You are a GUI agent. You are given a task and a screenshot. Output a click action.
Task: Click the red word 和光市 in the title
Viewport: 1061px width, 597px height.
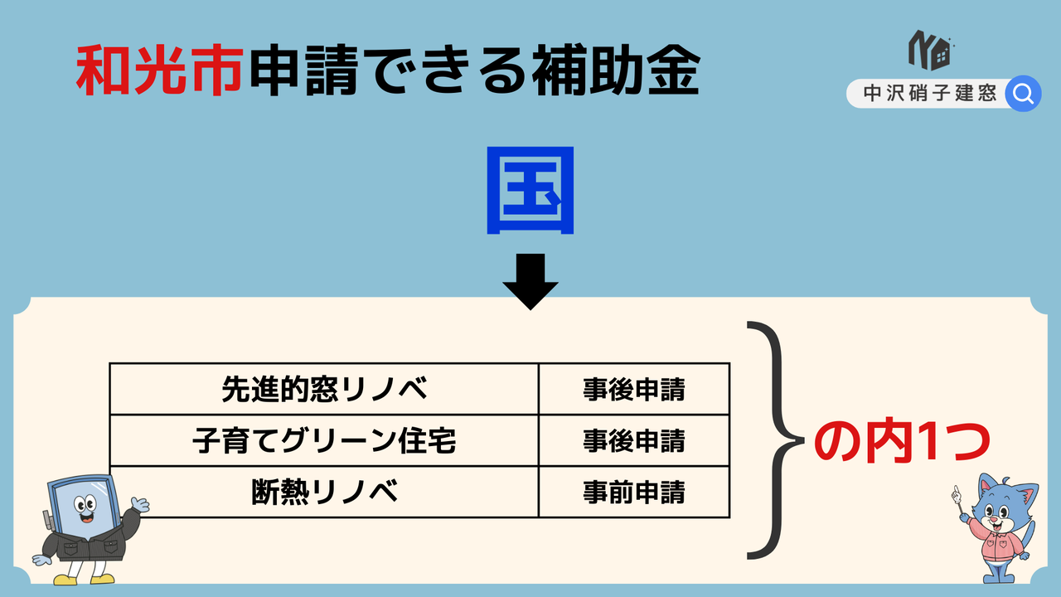(x=160, y=70)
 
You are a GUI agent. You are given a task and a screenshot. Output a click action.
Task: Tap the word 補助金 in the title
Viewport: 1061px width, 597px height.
(x=616, y=70)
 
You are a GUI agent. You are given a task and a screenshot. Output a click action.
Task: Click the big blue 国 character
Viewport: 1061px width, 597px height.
(x=530, y=191)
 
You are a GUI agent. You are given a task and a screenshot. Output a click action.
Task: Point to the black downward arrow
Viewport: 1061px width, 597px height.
(x=530, y=281)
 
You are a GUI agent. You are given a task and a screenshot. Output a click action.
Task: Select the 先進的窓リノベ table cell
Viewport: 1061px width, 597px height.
(x=324, y=389)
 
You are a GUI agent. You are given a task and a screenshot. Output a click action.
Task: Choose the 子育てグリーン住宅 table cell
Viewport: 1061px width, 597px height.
(x=324, y=440)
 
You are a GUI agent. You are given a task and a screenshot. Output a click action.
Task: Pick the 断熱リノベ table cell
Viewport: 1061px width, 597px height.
(x=324, y=492)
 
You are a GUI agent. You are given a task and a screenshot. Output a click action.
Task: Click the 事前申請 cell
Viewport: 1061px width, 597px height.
(x=634, y=492)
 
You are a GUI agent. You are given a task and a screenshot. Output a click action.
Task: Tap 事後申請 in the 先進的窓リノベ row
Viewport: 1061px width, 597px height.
(x=634, y=390)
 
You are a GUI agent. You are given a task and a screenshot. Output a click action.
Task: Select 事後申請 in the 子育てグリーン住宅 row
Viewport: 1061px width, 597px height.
(x=634, y=440)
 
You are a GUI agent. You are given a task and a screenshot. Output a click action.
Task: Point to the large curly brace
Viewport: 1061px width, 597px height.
(x=777, y=440)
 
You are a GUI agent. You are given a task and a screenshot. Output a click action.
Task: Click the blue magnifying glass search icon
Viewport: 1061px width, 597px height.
(x=1023, y=94)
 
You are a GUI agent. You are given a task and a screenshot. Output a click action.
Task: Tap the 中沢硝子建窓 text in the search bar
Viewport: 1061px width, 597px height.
(x=930, y=93)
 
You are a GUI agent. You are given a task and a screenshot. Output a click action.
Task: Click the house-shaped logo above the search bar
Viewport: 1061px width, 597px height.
(x=930, y=51)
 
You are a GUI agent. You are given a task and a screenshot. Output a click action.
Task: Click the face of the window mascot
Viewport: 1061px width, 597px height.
(x=85, y=509)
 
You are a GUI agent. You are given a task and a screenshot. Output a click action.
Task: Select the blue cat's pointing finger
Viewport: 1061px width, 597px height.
(x=956, y=493)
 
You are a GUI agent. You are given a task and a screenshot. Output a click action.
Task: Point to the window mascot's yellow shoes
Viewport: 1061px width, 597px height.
(x=85, y=579)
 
